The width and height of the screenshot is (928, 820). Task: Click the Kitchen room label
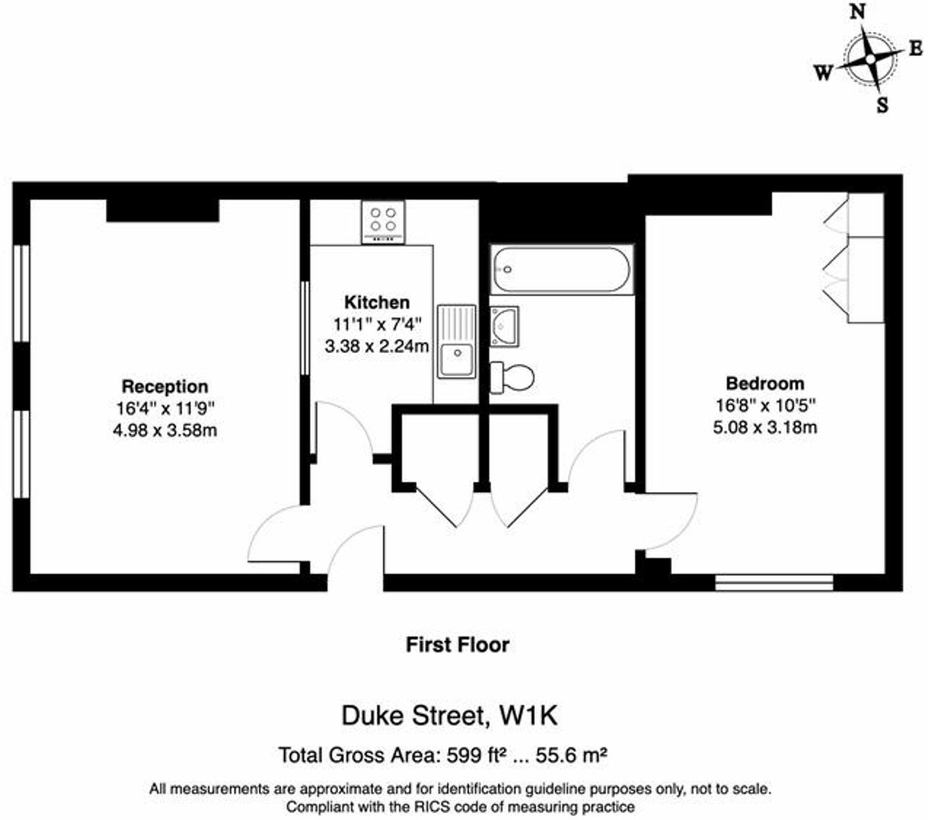(377, 302)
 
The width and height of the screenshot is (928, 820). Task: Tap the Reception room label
(165, 387)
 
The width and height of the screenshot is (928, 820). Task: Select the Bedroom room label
(765, 383)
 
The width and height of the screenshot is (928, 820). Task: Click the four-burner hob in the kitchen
(383, 222)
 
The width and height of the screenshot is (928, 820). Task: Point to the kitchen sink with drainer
(456, 341)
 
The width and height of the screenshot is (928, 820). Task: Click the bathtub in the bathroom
(561, 270)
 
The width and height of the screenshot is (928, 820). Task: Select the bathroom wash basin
(504, 326)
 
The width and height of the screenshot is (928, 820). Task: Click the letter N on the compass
(857, 12)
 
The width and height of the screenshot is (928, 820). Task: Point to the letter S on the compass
(883, 105)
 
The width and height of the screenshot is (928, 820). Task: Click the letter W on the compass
(823, 73)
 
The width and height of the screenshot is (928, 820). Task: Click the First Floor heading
(458, 645)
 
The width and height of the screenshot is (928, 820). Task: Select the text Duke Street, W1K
(449, 716)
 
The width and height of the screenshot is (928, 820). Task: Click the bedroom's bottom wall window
(774, 583)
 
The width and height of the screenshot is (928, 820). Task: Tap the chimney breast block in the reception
(163, 210)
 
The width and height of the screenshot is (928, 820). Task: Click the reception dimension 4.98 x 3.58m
(165, 431)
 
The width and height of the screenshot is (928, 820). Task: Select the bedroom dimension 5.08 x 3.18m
(765, 427)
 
